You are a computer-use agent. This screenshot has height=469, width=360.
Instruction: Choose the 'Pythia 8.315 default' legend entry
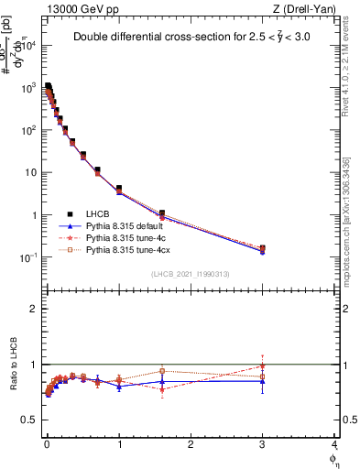(x=125, y=224)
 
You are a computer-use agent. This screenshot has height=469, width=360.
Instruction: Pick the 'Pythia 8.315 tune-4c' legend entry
(x=125, y=236)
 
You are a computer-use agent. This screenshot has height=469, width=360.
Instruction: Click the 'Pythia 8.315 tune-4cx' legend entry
(x=128, y=248)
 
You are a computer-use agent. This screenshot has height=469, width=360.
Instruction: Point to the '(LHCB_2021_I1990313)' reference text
(x=190, y=273)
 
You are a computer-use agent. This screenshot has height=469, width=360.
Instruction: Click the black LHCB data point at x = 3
(x=263, y=248)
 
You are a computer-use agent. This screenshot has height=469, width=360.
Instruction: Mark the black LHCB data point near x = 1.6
(x=162, y=213)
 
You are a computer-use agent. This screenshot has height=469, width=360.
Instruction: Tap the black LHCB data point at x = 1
(x=119, y=189)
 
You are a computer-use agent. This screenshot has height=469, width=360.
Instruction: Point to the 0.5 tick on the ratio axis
(x=29, y=420)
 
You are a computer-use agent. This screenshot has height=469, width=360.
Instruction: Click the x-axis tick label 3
(x=263, y=444)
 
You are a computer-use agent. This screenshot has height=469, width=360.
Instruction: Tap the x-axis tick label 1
(x=119, y=444)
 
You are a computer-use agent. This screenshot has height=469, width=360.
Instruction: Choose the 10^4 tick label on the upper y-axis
(x=26, y=45)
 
